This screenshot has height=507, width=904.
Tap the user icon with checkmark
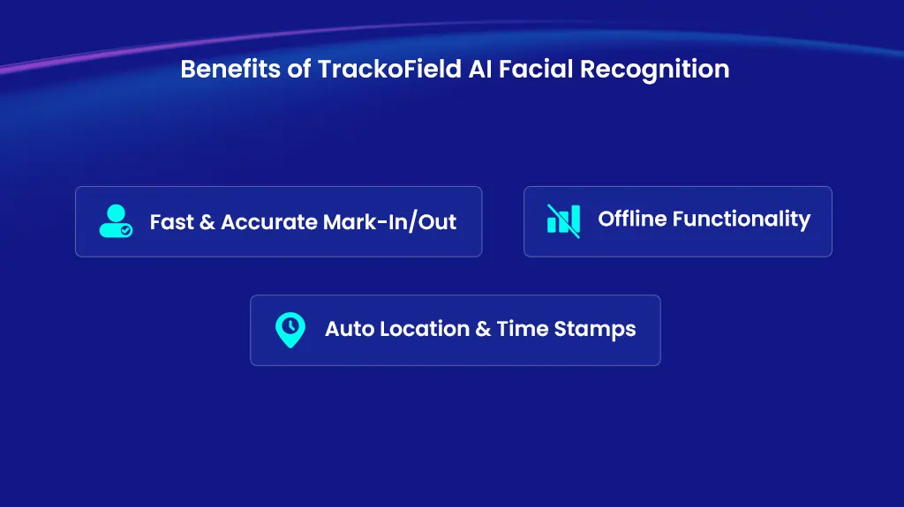[116, 221]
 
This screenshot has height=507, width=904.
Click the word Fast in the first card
[171, 222]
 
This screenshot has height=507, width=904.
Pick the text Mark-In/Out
[389, 222]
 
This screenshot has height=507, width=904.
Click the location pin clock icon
[290, 330]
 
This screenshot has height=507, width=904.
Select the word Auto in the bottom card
[349, 330]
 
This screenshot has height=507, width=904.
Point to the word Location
[424, 330]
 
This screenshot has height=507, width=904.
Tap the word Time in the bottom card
[522, 330]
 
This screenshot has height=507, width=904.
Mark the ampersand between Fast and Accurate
[207, 222]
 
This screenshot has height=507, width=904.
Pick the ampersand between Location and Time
[483, 330]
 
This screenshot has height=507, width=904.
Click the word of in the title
[298, 69]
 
